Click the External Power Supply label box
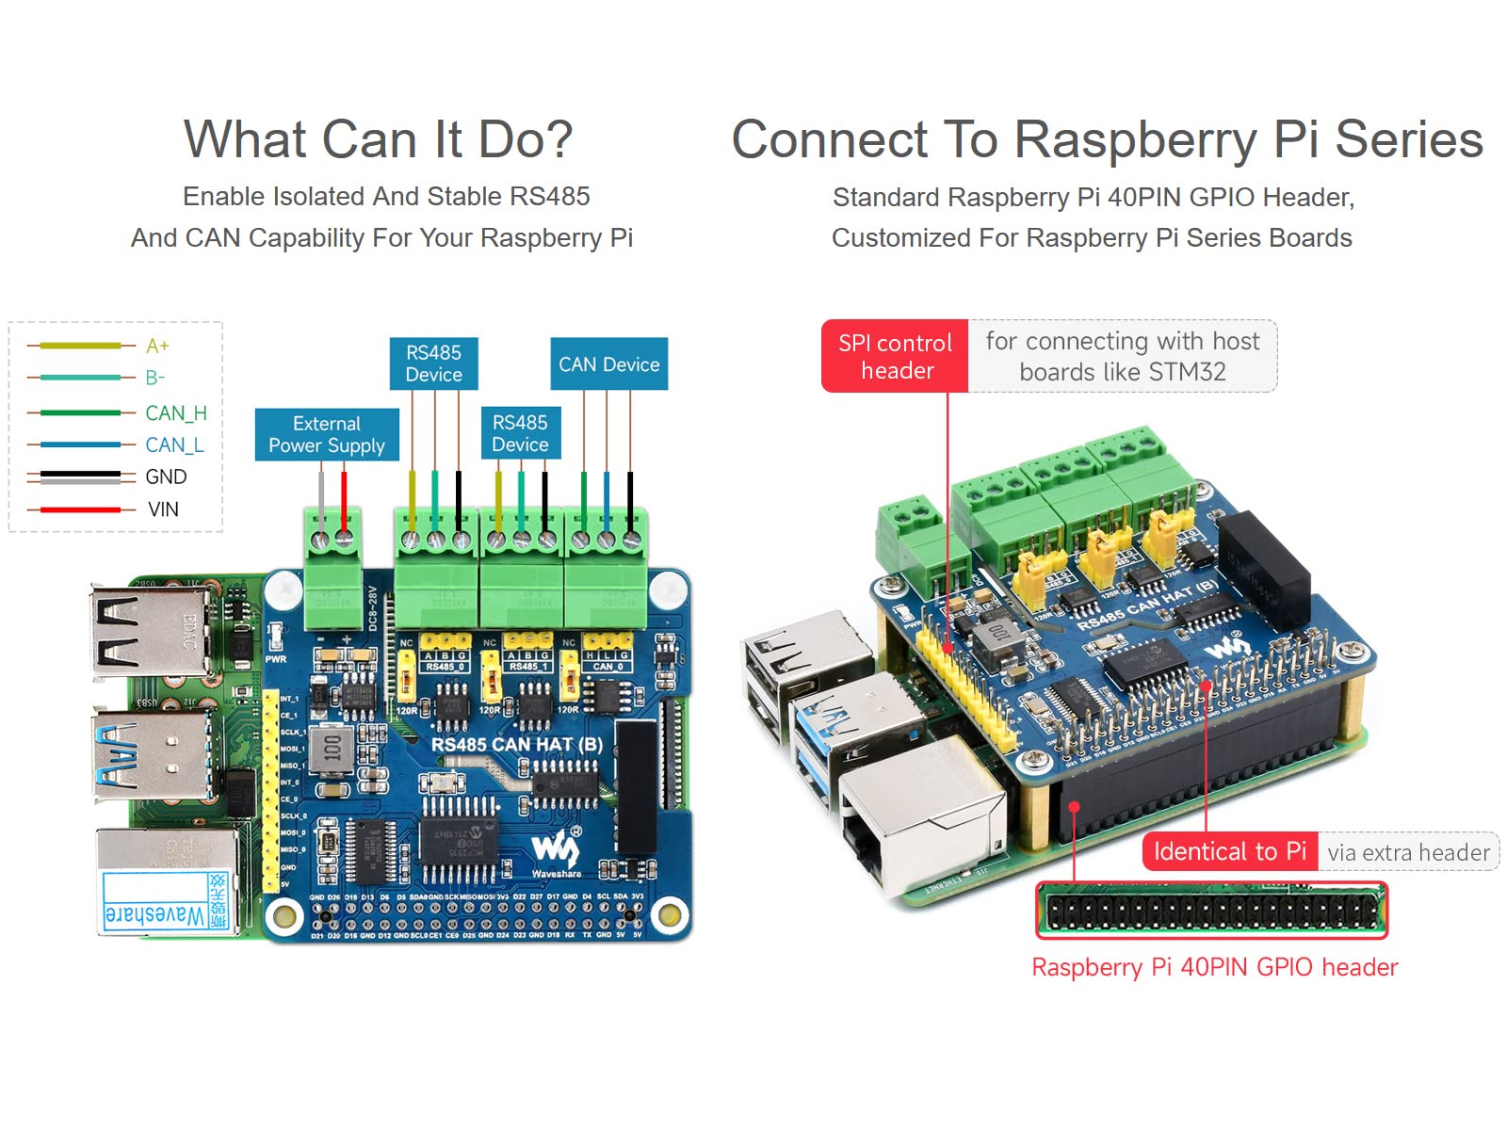click(326, 434)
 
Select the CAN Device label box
click(608, 364)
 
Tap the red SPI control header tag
click(895, 356)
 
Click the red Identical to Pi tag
click(1229, 851)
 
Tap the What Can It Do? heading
click(378, 139)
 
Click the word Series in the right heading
click(1408, 139)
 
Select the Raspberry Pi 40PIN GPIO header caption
click(1214, 967)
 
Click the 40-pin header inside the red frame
click(1211, 911)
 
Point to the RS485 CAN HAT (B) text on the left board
click(516, 744)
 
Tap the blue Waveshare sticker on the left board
click(166, 902)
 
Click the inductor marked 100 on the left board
click(332, 749)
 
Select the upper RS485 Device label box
click(433, 363)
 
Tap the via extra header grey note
click(1407, 852)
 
